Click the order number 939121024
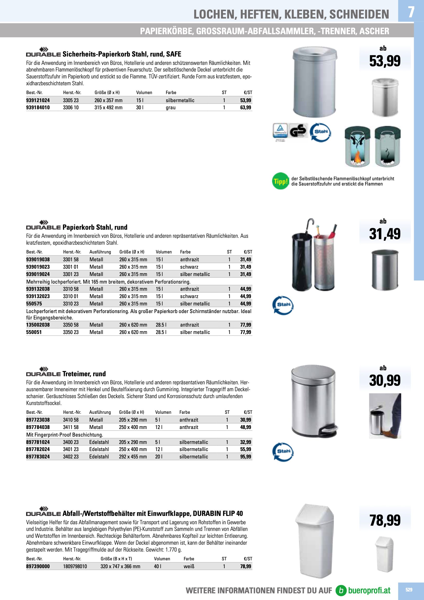point(38,100)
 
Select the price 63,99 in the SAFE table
point(245,107)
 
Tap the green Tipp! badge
point(280,181)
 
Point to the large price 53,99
point(385,61)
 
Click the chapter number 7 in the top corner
point(411,12)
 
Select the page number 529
point(409,590)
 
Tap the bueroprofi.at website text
point(369,590)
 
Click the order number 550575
point(34,304)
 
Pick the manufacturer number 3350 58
point(71,325)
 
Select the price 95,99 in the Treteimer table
point(245,457)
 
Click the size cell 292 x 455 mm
point(133,457)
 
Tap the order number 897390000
point(38,566)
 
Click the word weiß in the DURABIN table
point(189,566)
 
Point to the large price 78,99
point(385,520)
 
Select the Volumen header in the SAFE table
point(144,92)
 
